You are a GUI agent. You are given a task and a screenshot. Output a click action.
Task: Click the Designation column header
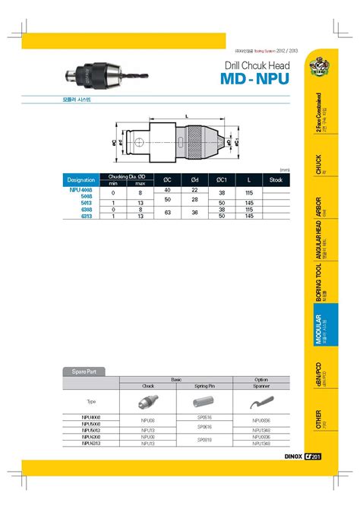pos(81,179)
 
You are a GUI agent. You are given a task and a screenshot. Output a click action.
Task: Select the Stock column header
pos(276,179)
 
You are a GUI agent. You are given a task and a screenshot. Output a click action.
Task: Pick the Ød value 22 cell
pos(194,189)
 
